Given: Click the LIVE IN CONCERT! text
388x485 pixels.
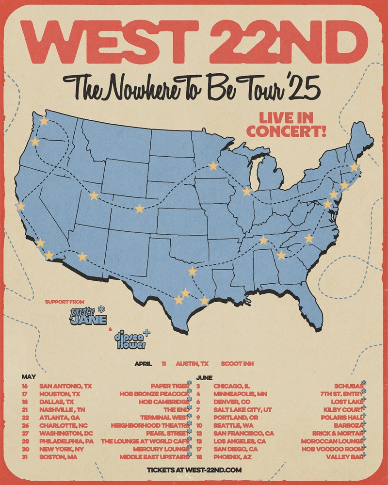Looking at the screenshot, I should pyautogui.click(x=286, y=124).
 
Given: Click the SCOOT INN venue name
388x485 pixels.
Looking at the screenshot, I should pyautogui.click(x=237, y=363).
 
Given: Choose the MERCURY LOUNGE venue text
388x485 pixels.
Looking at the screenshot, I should pyautogui.click(x=154, y=449).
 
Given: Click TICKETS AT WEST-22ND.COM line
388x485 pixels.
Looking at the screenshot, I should pyautogui.click(x=194, y=470).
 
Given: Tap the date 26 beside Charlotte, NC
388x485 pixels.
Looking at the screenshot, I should pyautogui.click(x=25, y=425).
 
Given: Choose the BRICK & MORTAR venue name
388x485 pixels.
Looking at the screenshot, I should pyautogui.click(x=336, y=433).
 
